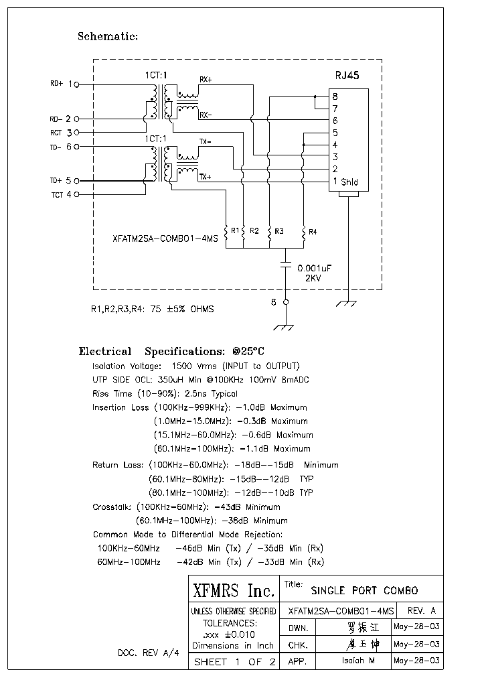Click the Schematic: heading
pos(108,36)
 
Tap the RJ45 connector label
pos(347,76)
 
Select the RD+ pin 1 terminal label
pos(64,84)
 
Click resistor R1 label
pos(235,230)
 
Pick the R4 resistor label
pos(313,232)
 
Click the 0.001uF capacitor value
pos(315,267)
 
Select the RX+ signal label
pos(206,80)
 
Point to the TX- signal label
pos(205,142)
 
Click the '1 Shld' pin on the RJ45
pos(345,182)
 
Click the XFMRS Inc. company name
pos(234,591)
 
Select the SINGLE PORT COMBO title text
pos(364,591)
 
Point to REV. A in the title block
pos(421,611)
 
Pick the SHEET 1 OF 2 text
pos(234,662)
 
